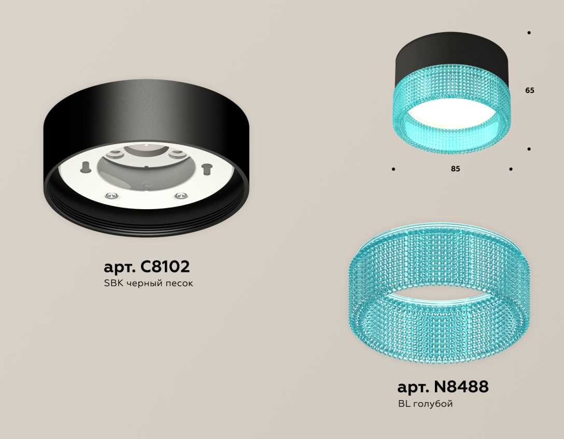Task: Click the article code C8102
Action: [165, 267]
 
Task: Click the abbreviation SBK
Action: [114, 283]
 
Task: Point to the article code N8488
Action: [461, 387]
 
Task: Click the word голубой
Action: [433, 404]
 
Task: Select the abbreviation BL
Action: [404, 404]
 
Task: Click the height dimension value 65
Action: [530, 90]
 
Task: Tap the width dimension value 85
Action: [455, 169]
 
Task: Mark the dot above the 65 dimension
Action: [529, 33]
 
